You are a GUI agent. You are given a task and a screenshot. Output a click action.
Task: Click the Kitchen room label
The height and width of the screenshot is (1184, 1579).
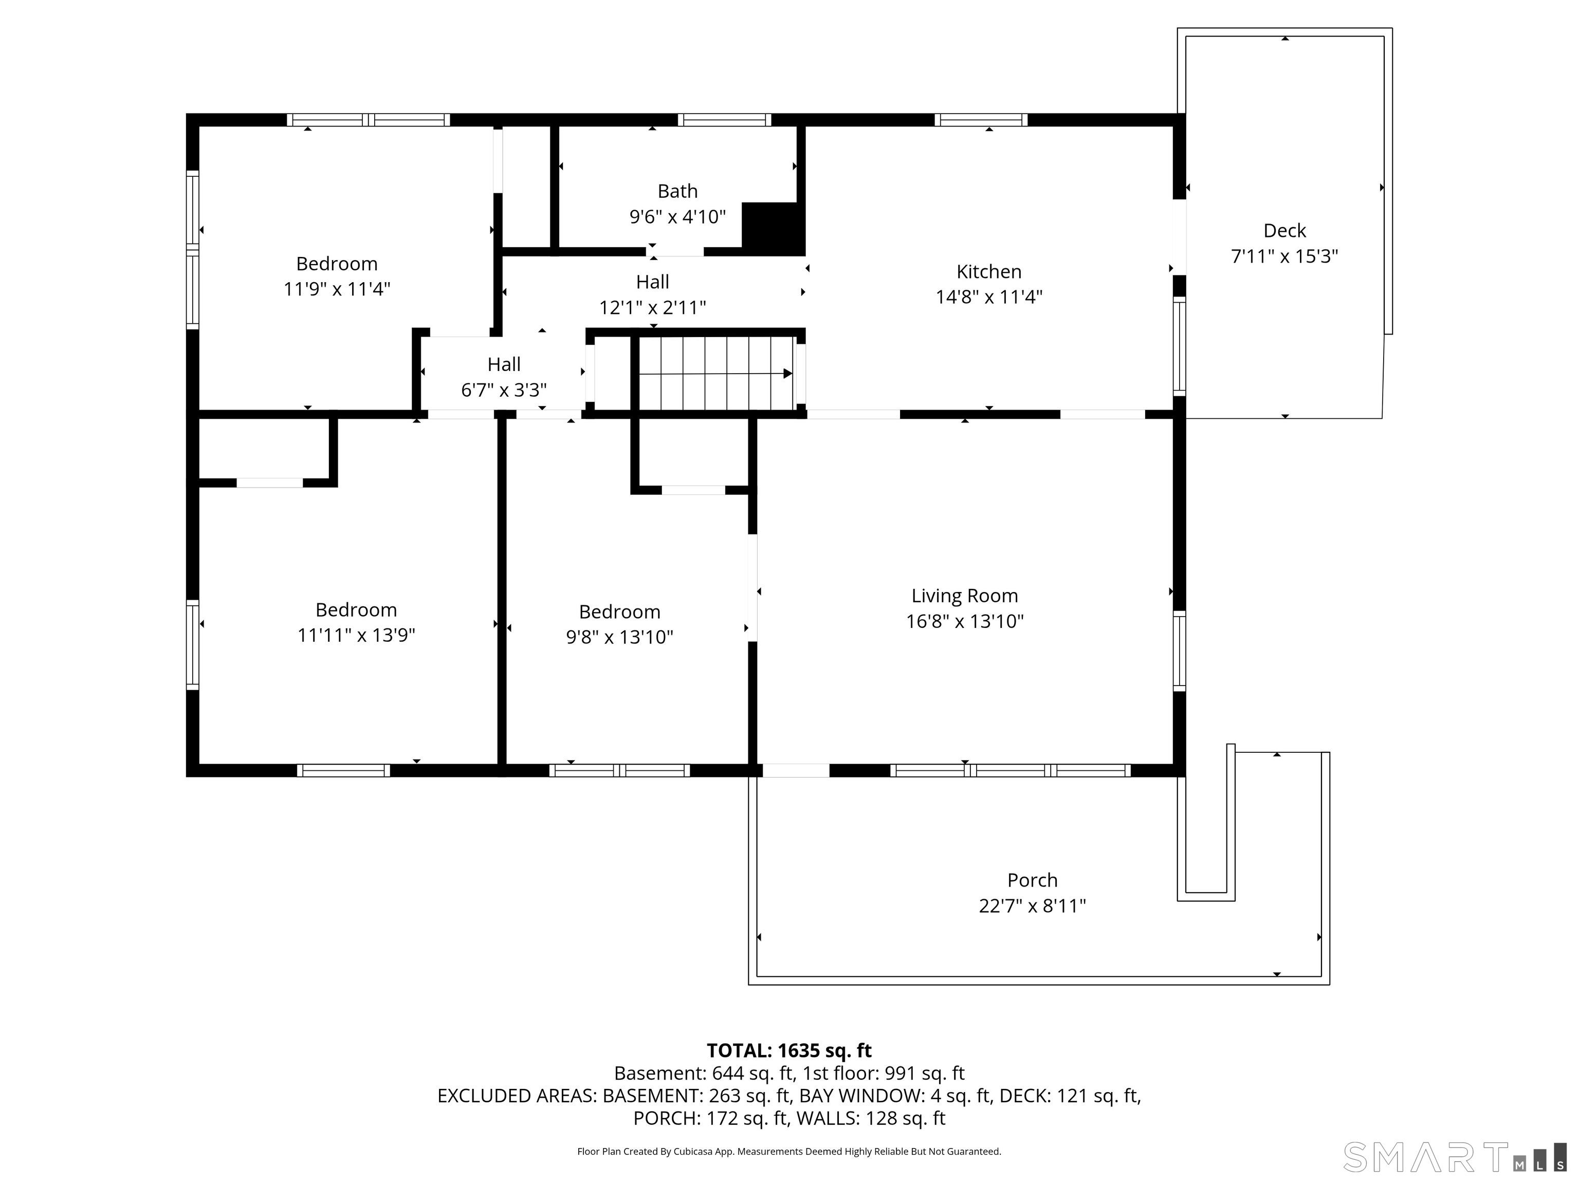988,272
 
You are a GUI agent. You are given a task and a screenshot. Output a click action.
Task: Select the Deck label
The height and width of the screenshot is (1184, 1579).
1284,231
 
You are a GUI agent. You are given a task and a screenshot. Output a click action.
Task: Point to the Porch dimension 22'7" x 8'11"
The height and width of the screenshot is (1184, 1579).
1032,905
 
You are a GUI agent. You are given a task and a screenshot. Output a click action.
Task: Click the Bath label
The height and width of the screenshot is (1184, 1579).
677,191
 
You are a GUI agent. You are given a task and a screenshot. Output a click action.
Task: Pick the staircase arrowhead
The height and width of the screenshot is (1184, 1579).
787,373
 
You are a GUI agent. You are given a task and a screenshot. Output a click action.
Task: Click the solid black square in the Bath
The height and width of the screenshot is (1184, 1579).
774,226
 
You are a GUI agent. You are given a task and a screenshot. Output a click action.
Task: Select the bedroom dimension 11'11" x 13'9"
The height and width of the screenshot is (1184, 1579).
356,635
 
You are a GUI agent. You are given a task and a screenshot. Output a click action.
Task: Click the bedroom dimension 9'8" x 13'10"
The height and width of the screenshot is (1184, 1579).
619,637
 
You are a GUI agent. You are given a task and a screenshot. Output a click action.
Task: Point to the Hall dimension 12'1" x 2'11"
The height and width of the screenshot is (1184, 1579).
652,308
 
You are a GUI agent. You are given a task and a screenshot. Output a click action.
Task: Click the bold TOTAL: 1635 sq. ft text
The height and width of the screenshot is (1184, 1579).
789,1050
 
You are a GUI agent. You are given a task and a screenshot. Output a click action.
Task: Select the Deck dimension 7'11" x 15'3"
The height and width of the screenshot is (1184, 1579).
1284,256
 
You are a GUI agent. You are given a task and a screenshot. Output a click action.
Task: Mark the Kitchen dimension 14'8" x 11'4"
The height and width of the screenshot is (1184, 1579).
988,298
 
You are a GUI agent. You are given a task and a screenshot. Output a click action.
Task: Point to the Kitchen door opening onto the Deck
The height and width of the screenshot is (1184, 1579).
1179,237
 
